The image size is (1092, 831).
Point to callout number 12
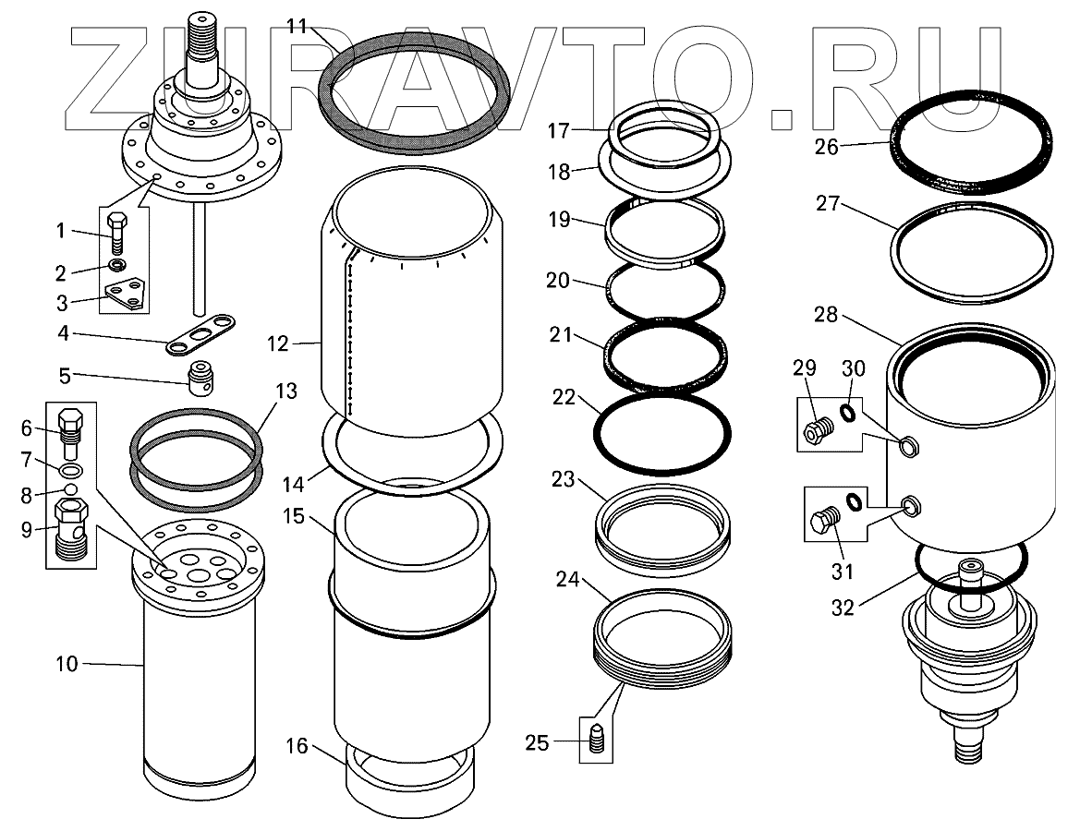coord(277,344)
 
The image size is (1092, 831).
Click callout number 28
coord(826,316)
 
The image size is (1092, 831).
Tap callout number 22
coord(564,399)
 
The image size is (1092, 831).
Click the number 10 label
coord(68,664)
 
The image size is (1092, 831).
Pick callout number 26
coord(827,146)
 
